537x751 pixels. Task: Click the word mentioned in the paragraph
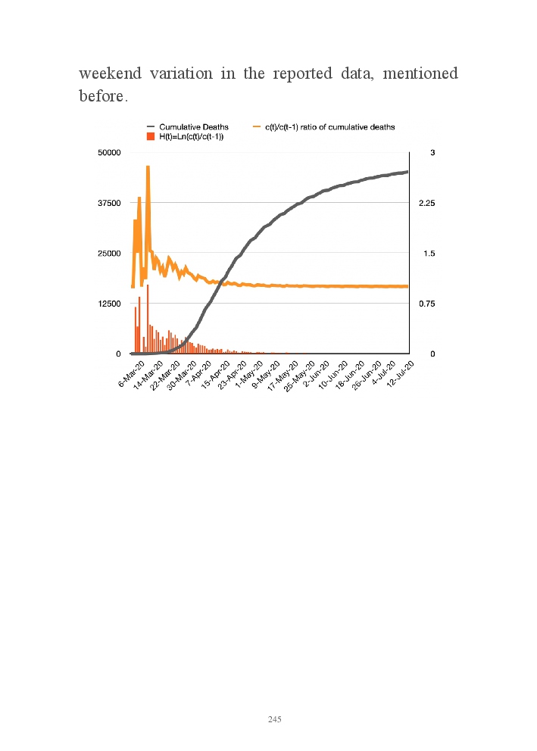tap(421, 74)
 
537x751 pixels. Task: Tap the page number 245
tap(275, 719)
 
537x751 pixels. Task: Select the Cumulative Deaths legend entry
tap(193, 126)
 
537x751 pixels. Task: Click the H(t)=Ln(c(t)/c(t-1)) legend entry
tap(195, 136)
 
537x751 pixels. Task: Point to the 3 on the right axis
tap(432, 153)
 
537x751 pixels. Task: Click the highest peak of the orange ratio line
tap(148, 167)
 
